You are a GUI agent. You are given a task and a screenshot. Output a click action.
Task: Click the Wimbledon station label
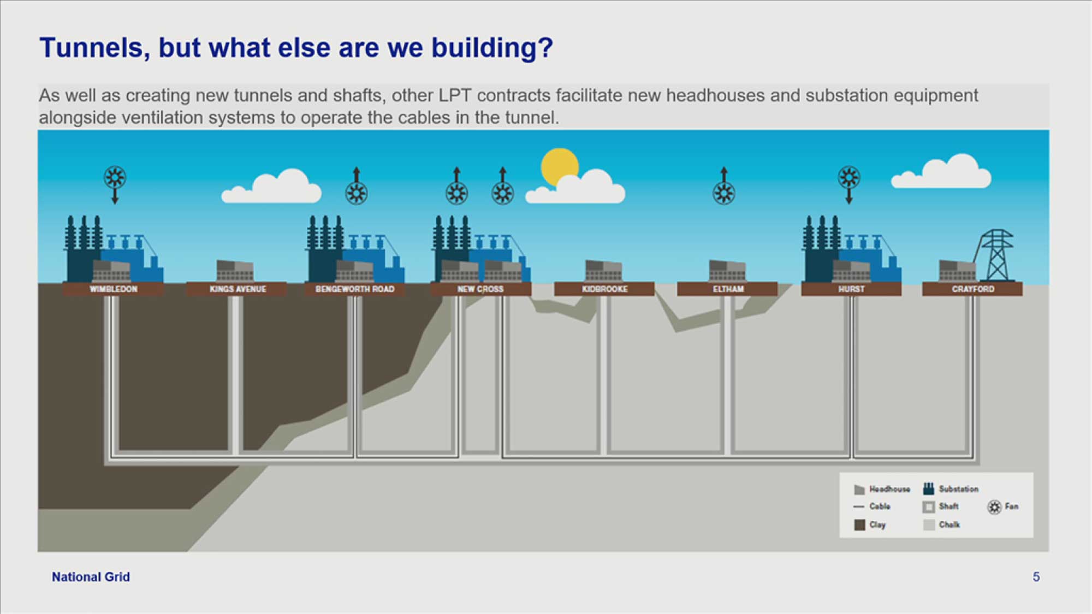pos(114,289)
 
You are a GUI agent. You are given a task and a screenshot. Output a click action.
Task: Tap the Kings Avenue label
pos(238,289)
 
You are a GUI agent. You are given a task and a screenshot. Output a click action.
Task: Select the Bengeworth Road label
pos(355,289)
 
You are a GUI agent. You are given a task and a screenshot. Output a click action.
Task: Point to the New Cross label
pos(480,289)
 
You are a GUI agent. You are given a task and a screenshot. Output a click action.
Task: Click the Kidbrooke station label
pos(605,289)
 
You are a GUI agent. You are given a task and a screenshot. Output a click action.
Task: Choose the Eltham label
pos(728,289)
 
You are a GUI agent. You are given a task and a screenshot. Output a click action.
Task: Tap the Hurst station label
pos(852,289)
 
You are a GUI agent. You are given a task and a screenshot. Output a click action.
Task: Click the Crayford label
pos(973,289)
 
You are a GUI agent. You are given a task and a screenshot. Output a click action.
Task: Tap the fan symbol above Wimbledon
pos(115,178)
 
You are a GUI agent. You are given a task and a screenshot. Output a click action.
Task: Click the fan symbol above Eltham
pos(724,193)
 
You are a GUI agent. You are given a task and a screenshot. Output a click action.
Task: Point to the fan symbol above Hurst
pos(849,178)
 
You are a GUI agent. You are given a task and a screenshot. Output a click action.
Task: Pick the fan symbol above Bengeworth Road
pos(357,193)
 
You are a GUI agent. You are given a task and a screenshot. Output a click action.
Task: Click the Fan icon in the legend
pos(994,507)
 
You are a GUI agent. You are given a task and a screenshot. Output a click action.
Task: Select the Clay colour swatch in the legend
pos(859,524)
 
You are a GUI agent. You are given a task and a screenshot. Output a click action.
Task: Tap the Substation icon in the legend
pos(928,488)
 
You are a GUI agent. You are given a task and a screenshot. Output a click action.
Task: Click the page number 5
pos(1036,577)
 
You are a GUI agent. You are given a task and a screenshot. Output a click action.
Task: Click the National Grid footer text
pos(91,577)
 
